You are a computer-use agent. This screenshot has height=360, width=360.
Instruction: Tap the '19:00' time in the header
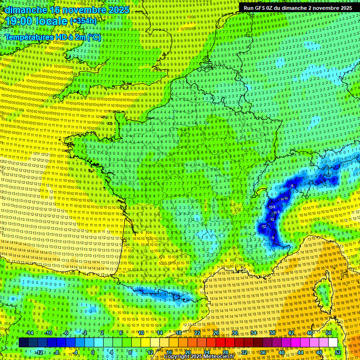[x=19, y=22]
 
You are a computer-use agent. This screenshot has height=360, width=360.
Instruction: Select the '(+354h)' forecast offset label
[x=83, y=21]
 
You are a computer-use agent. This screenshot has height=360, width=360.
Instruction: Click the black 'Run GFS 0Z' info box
[x=298, y=7]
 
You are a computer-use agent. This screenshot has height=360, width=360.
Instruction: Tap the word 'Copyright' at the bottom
[x=177, y=357]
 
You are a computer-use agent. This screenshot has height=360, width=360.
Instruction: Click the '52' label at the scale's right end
[x=338, y=352]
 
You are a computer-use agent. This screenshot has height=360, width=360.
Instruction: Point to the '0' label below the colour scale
[x=93, y=352]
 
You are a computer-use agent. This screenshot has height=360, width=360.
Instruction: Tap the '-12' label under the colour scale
[x=39, y=352]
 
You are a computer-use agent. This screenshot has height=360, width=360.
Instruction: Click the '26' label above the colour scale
[x=216, y=333]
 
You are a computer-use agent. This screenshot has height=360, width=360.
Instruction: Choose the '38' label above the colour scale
[x=272, y=333]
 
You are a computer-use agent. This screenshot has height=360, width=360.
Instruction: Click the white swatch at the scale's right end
[x=333, y=343]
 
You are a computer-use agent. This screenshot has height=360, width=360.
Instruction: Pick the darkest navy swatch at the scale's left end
[x=24, y=343]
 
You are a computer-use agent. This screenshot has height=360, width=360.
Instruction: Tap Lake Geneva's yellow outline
[x=261, y=192]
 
